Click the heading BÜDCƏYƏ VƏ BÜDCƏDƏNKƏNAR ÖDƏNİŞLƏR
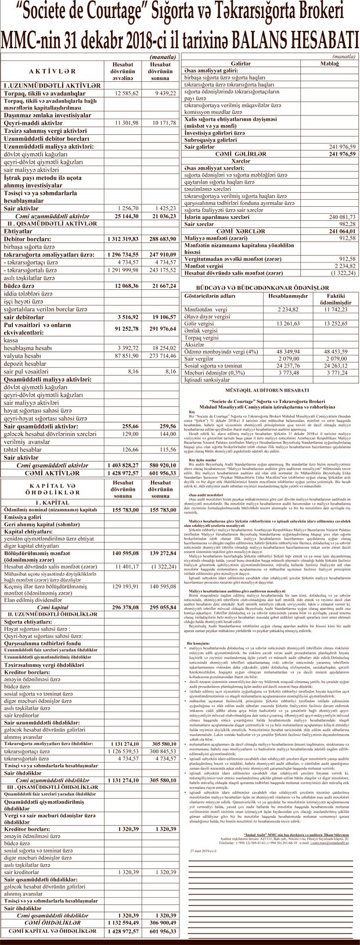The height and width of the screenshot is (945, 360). click(268, 288)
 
